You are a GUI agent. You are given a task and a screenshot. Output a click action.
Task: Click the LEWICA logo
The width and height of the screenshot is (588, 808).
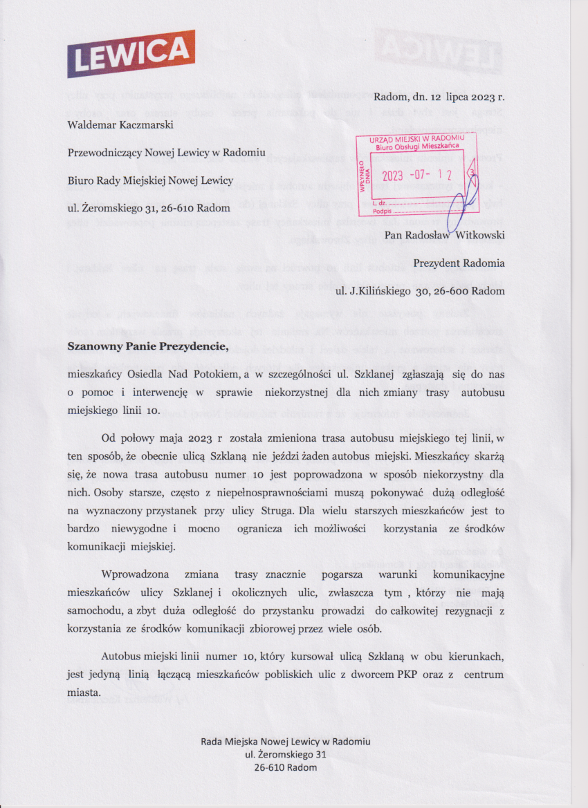131,54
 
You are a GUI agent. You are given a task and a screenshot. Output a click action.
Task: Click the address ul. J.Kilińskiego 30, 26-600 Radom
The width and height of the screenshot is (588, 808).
420,291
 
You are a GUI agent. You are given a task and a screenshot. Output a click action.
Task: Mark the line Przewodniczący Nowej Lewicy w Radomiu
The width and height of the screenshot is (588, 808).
156,152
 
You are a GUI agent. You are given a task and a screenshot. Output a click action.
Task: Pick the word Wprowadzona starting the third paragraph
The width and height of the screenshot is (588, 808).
138,574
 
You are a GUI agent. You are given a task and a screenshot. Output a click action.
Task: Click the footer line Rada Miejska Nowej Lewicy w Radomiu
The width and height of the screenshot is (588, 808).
290,741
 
